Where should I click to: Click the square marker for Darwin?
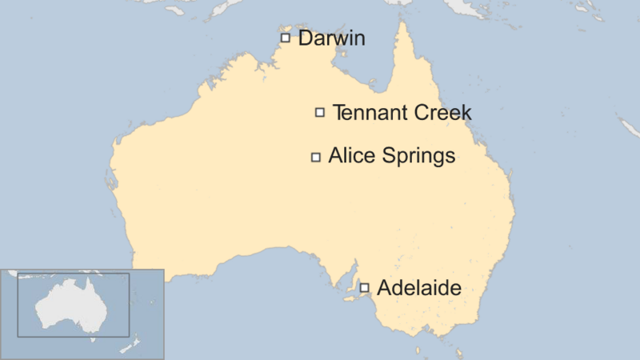tap(285, 38)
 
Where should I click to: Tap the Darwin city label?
tap(331, 38)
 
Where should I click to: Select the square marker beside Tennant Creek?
tap(320, 113)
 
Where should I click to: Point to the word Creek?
tap(442, 113)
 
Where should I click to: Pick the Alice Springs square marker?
tap(316, 157)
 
